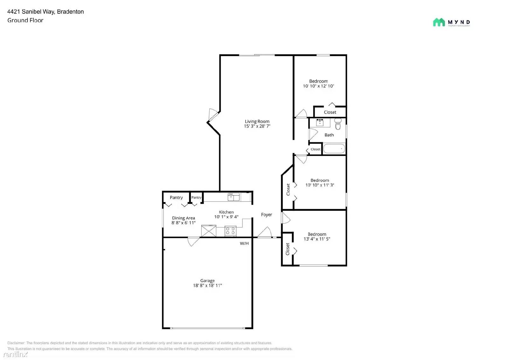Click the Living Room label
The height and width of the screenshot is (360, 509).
click(x=257, y=121)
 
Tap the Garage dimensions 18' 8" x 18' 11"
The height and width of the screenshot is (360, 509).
click(x=207, y=286)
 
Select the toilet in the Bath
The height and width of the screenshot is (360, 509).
click(x=338, y=124)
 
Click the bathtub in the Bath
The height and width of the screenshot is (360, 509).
click(x=334, y=149)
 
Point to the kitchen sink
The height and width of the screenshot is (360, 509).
click(x=234, y=197)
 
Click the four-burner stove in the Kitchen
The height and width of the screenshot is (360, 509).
click(x=231, y=231)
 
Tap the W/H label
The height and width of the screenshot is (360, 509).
click(x=244, y=244)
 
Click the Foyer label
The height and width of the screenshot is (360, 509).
click(x=267, y=215)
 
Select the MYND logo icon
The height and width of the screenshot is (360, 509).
click(x=439, y=22)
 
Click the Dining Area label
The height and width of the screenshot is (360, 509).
click(x=184, y=218)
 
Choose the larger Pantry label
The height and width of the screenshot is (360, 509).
click(x=176, y=198)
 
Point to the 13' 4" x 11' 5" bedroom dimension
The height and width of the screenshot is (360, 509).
click(x=317, y=239)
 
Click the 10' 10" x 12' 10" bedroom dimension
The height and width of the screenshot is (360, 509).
click(x=318, y=86)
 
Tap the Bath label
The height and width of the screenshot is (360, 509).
click(x=329, y=135)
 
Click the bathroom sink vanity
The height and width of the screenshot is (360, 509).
click(x=320, y=123)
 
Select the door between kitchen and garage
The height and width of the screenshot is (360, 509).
click(x=193, y=241)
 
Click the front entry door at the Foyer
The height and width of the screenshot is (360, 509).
click(x=264, y=233)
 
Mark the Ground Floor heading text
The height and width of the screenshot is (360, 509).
click(x=25, y=20)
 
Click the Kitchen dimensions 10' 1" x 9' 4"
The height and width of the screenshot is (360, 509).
click(x=226, y=217)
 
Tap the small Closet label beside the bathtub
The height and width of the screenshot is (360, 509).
click(x=316, y=149)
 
